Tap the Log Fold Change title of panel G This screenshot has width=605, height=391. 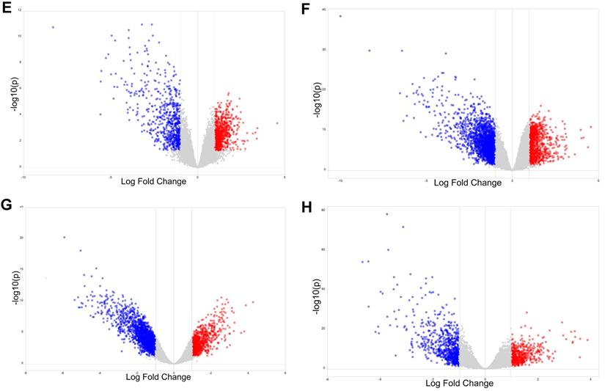point(158,377)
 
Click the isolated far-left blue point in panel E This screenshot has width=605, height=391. point(53,27)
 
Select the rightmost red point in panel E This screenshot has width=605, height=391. point(277,123)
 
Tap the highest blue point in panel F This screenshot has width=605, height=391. point(340,16)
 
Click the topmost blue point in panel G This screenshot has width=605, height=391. point(65,237)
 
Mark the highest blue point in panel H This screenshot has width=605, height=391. point(386,214)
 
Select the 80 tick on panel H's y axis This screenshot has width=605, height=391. point(323,211)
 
